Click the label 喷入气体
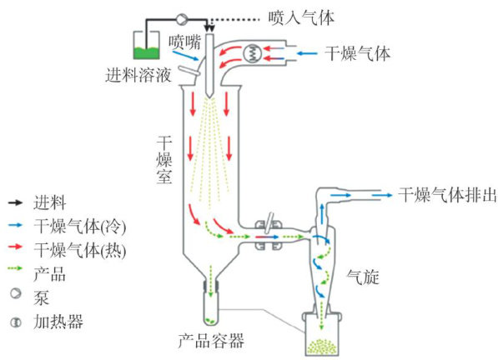tap(301, 17)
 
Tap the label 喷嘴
tap(185, 42)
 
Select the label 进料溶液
tap(138, 75)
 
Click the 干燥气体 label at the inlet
tap(357, 53)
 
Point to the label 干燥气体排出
tap(447, 195)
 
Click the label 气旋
tap(363, 277)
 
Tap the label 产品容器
tap(211, 341)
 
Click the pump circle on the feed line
tap(182, 19)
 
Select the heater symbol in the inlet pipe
tap(253, 52)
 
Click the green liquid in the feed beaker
tap(146, 53)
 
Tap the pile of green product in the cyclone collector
tap(321, 347)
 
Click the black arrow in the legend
tap(16, 202)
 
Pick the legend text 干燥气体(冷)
tap(80, 227)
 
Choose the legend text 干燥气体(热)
tap(80, 250)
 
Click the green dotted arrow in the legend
tap(16, 268)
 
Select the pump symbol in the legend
tap(16, 293)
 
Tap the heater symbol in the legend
tap(16, 322)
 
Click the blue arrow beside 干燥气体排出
tap(382, 195)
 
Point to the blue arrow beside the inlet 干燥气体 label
tap(307, 53)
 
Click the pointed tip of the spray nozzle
tap(209, 97)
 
